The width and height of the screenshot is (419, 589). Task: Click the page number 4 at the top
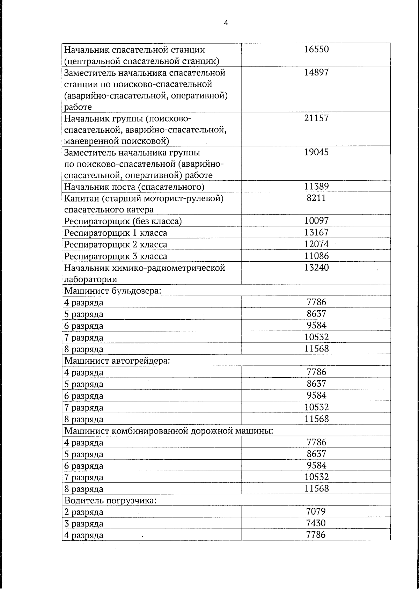coord(226,23)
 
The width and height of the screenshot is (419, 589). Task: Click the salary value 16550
coord(316,49)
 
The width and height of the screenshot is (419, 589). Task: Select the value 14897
coord(316,73)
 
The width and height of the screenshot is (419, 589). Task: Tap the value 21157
coord(316,118)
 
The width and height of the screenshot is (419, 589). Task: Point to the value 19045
coord(316,152)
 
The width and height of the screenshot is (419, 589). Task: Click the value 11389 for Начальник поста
coord(316,187)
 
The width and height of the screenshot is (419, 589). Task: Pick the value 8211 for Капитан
coord(316,198)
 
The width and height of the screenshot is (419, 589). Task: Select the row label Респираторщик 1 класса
coord(116,233)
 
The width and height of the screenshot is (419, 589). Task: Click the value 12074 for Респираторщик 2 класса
coord(316,244)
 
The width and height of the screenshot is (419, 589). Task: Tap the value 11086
coord(316,256)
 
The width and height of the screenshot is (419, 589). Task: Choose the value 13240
coord(316,268)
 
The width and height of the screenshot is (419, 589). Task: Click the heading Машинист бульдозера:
coord(112,291)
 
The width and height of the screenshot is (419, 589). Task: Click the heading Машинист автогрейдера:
coord(117,361)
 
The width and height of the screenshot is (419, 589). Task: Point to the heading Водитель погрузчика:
coord(110,501)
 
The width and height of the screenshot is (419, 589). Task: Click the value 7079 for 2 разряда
coord(316,512)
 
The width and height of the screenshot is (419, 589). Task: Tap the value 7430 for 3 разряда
coord(316,523)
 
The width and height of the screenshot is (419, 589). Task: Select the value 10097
coord(316,221)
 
